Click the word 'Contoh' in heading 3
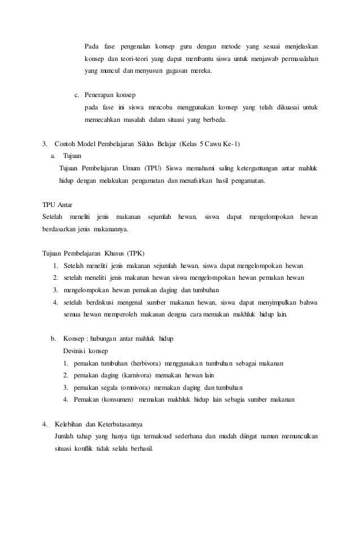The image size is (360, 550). pyautogui.click(x=65, y=144)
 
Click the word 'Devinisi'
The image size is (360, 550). pyautogui.click(x=79, y=351)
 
